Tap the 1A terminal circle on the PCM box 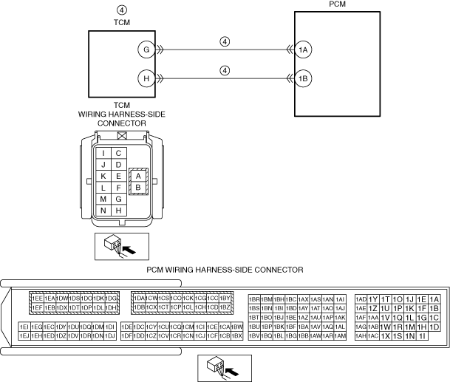[x=303, y=50]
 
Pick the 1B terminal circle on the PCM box [x=303, y=78]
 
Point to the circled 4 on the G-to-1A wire [x=225, y=41]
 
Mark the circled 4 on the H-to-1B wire [x=225, y=70]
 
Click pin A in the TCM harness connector [x=138, y=176]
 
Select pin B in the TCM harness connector [x=138, y=188]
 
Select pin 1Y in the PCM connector [x=373, y=299]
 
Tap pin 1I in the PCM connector [x=422, y=335]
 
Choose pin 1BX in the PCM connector [x=236, y=335]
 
